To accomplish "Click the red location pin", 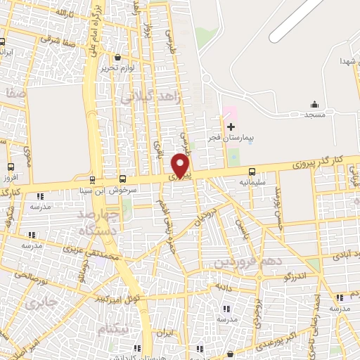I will (x=181, y=165).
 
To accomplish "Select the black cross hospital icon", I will (x=231, y=127).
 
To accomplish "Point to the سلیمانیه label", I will (x=252, y=182).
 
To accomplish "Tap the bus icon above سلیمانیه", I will (x=252, y=171).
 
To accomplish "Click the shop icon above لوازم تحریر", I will (x=117, y=58).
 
